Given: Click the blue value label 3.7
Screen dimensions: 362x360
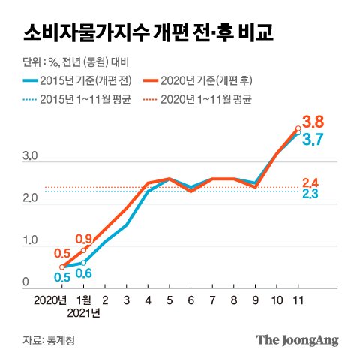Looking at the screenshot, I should (x=312, y=139).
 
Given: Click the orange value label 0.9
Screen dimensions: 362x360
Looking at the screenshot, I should (x=83, y=239).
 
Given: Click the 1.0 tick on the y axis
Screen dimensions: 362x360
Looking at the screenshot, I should (x=30, y=241).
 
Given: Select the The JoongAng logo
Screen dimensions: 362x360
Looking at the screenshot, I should (x=297, y=340).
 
